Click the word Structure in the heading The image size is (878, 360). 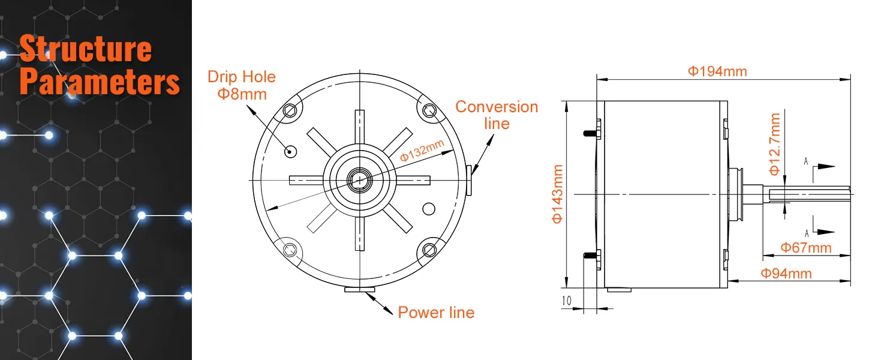coord(85,49)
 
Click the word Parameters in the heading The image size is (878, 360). coord(100,82)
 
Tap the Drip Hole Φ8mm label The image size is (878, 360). coord(241,85)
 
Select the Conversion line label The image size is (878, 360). coord(497,115)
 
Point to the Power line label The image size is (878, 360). coord(436,313)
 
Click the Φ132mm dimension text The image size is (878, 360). coord(422,151)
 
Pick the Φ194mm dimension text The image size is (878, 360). coord(717,71)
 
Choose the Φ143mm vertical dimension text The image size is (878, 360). coord(557,194)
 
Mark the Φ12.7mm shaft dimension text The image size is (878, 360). coord(775,145)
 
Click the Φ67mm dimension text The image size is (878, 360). coord(805,247)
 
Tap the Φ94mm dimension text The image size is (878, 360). coord(786,274)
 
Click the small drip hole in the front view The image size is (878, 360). coord(291,151)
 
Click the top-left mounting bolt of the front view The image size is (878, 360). coord(291,110)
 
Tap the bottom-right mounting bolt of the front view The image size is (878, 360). coord(429,248)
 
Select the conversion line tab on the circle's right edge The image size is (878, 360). coord(469,181)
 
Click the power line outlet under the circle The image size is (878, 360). coord(360,290)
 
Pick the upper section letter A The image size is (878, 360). coord(806,161)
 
